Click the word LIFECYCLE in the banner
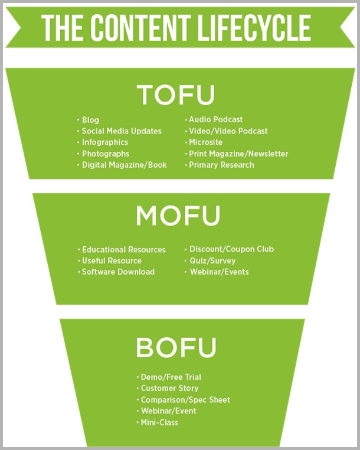(254, 28)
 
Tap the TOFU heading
(176, 95)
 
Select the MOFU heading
(178, 216)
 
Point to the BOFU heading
(176, 347)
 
